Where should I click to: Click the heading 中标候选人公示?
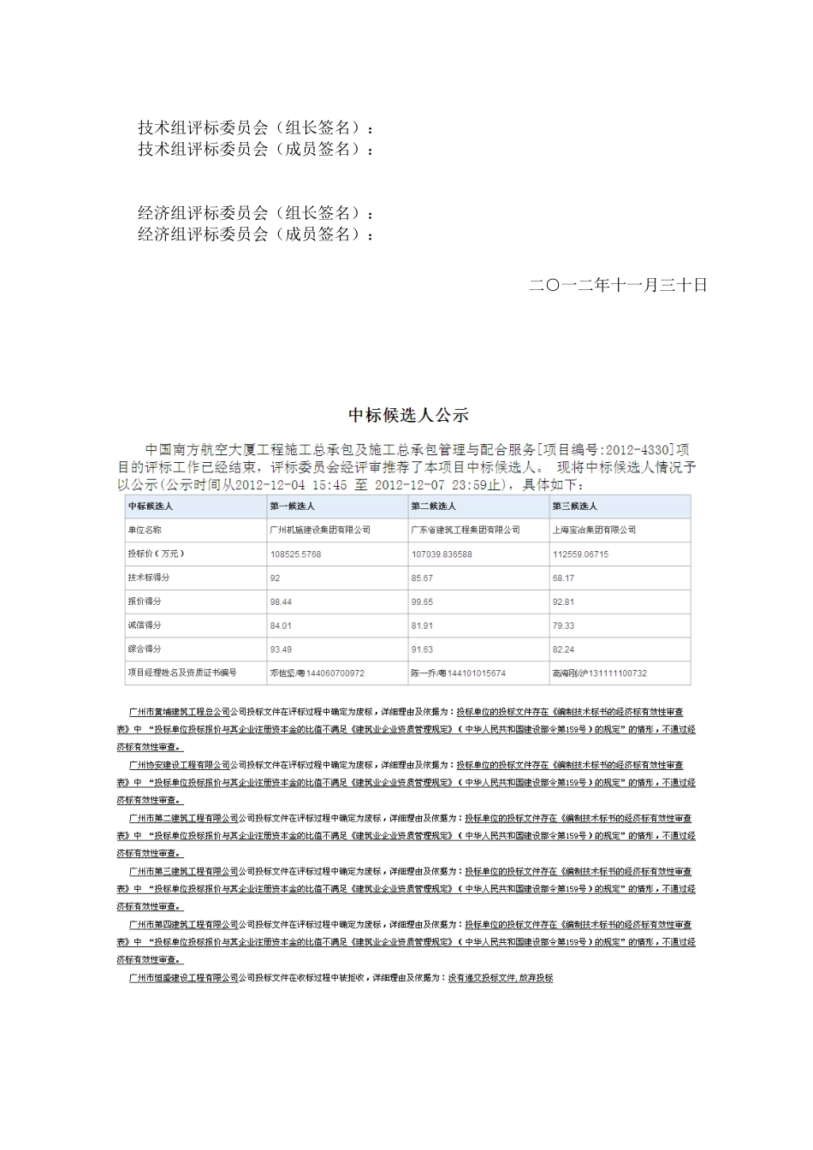pos(408,416)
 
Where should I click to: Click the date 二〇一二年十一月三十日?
pos(618,285)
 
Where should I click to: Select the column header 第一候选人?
pos(292,506)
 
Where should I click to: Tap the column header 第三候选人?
pos(575,506)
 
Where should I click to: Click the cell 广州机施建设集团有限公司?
pos(320,530)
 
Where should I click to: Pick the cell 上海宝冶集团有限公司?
pos(594,530)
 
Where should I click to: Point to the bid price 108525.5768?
pos(295,554)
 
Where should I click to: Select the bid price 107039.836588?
pos(442,554)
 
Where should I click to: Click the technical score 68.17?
pos(563,578)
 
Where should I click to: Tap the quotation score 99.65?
pos(422,602)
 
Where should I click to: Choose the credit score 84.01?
pos(281,625)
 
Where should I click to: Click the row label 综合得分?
pos(144,649)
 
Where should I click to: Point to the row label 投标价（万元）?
pos(156,554)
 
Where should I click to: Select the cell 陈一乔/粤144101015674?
pos(458,673)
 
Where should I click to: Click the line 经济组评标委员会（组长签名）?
pos(255,213)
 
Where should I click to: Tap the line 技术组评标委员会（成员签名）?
pos(255,150)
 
